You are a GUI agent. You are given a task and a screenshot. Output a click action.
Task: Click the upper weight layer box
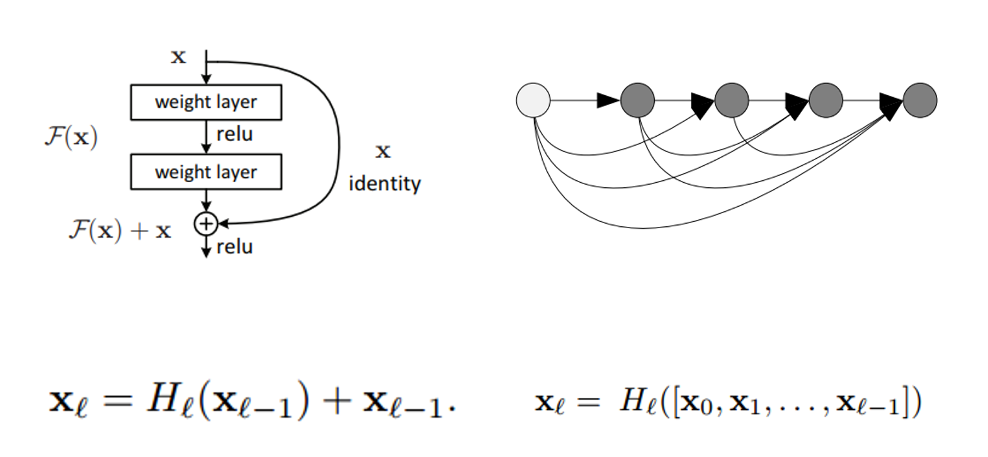(x=206, y=102)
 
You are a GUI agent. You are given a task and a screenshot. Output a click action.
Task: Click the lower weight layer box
(x=206, y=171)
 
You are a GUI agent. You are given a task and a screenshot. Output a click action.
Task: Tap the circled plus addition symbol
(x=205, y=224)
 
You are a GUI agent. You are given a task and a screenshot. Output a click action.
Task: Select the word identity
(x=384, y=183)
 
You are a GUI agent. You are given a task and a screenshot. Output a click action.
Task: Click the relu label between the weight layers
(x=234, y=134)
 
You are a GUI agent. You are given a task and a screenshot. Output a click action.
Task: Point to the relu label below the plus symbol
(x=234, y=246)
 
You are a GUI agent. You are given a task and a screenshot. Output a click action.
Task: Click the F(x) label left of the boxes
(x=71, y=137)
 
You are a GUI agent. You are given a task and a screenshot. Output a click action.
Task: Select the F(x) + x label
(x=120, y=230)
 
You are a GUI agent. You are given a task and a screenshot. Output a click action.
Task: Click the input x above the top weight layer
(x=178, y=57)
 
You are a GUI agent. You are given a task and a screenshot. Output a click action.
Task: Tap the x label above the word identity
(x=383, y=151)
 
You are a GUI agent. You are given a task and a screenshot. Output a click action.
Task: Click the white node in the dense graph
(x=533, y=100)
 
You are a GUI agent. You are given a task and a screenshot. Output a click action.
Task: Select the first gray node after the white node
(x=637, y=100)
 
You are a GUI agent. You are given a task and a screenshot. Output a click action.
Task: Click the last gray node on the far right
(x=920, y=100)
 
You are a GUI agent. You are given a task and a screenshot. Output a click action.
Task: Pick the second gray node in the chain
(x=732, y=100)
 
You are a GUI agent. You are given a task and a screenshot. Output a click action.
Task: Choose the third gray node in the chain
(x=826, y=100)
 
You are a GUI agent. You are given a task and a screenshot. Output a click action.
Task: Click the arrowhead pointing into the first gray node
(x=608, y=100)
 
